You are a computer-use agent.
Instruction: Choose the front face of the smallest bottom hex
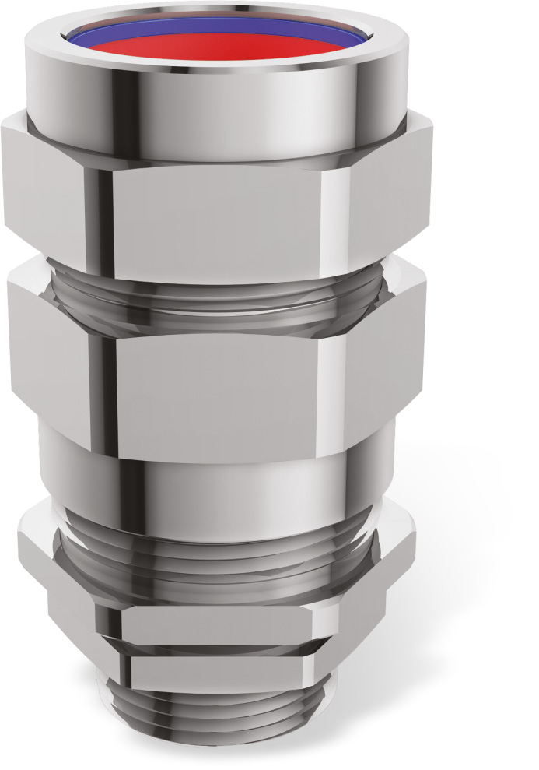(x=218, y=671)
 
